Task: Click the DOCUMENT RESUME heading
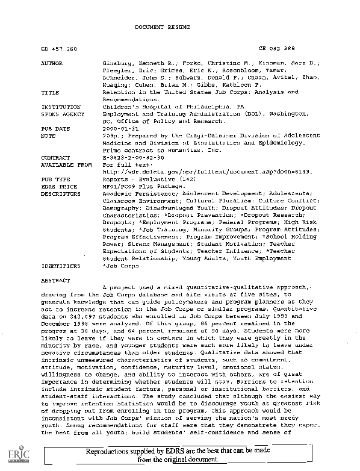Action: [157, 28]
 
